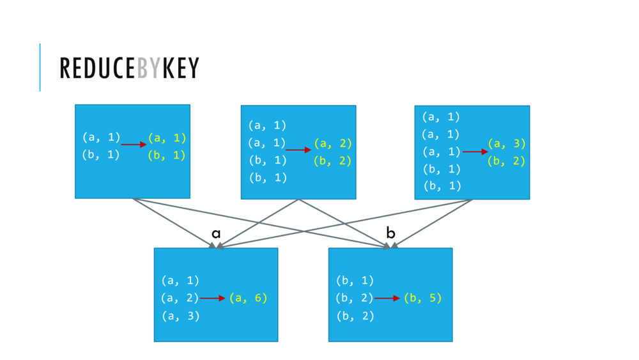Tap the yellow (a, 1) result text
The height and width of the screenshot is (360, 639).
tap(167, 137)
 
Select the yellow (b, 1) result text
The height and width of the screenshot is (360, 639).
tap(167, 155)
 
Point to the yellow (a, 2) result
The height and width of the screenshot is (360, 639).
tap(333, 143)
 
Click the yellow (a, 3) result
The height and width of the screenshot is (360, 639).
tap(507, 143)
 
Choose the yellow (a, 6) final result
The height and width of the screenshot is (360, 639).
tap(248, 298)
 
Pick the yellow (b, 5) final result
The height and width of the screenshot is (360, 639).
tap(422, 298)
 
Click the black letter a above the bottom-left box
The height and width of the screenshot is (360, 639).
tap(216, 233)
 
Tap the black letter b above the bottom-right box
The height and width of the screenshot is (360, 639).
tap(390, 233)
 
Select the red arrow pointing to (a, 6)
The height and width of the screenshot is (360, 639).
tap(212, 298)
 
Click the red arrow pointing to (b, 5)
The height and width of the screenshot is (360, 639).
tap(387, 298)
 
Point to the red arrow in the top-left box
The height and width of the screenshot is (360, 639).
tap(134, 145)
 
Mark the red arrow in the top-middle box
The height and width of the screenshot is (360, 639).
tap(298, 150)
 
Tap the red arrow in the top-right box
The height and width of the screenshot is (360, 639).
tap(475, 152)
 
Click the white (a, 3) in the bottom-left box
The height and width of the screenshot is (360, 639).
tap(180, 316)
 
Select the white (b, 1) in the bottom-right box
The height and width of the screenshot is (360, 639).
tap(355, 280)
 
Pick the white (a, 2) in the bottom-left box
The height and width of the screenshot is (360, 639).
tap(180, 298)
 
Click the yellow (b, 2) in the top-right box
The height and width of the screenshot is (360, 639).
tap(507, 160)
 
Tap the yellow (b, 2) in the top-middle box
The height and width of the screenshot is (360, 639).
tap(333, 160)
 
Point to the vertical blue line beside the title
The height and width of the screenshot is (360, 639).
tap(40, 67)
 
